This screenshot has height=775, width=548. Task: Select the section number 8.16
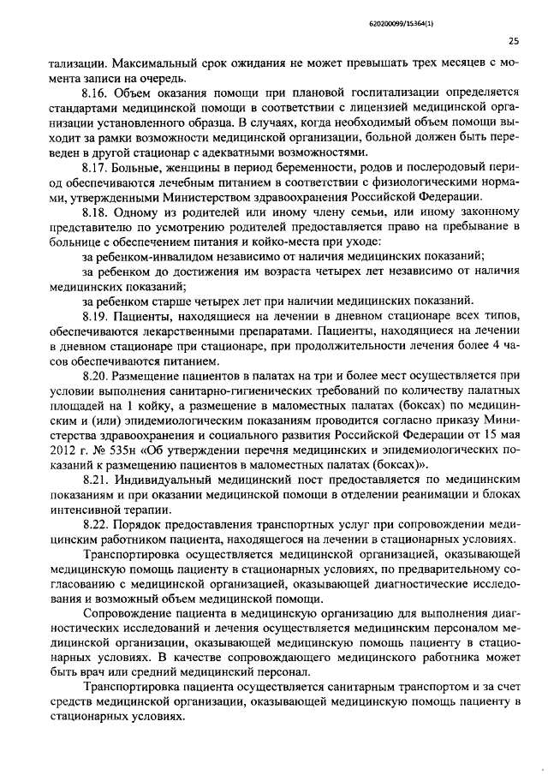point(95,93)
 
